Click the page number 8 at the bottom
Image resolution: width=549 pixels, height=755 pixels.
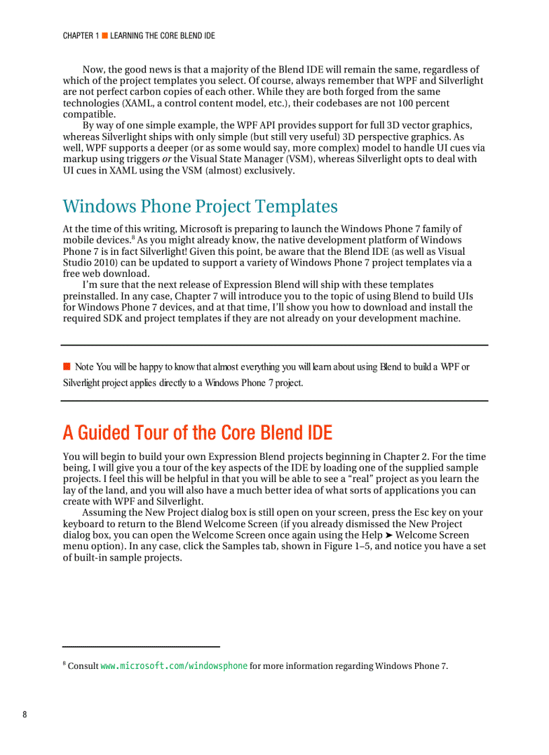25,714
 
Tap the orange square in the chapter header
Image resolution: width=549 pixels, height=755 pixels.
104,36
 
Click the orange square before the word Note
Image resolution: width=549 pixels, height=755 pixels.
67,366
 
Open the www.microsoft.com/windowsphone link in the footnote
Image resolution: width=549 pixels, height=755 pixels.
174,666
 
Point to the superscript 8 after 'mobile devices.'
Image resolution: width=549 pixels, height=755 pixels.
133,237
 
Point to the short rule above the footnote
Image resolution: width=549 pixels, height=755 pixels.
141,647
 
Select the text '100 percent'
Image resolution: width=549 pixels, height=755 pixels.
424,103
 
